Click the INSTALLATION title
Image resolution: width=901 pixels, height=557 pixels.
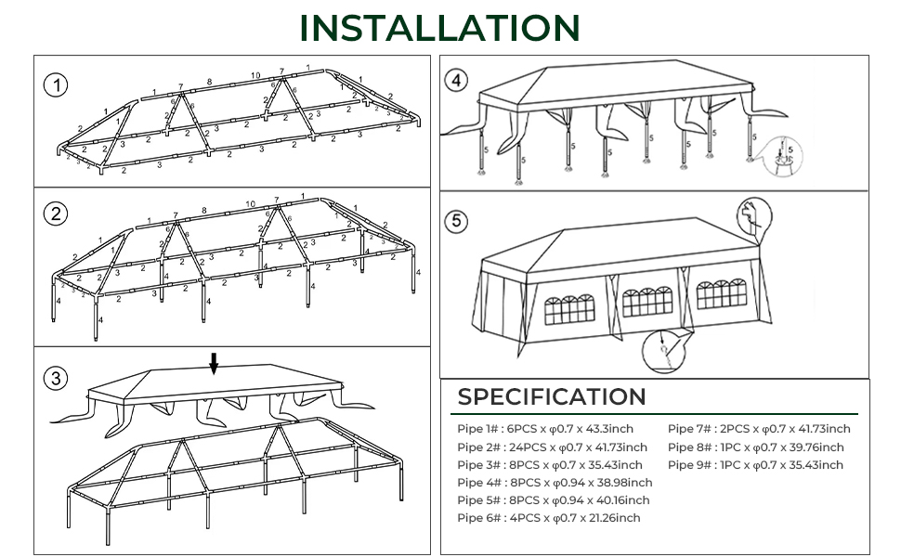pos(440,28)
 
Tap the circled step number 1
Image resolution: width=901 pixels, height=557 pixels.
pos(57,86)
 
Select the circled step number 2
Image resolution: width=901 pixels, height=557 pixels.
pos(57,214)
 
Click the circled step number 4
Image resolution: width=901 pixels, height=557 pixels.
pos(455,81)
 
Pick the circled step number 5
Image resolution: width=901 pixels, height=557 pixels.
pos(456,222)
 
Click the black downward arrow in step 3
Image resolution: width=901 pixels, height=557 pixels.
pos(214,363)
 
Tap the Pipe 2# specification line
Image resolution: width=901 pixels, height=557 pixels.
pos(552,447)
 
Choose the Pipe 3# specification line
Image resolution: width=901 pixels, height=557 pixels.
pos(549,465)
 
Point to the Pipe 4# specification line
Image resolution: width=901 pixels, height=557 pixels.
pos(555,483)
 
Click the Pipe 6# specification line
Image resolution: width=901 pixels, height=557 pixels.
pos(548,518)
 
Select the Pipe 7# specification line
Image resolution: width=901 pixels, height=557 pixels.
pos(759,429)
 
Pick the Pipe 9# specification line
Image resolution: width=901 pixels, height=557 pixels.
pos(755,465)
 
